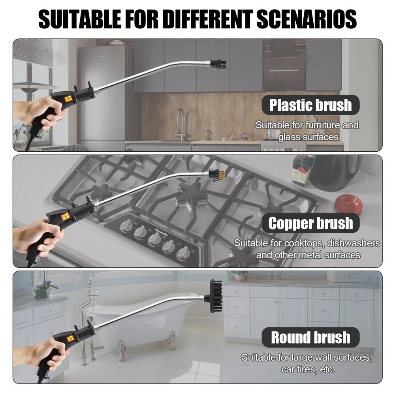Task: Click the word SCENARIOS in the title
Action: (307, 19)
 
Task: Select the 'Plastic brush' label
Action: (310, 105)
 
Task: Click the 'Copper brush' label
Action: (310, 223)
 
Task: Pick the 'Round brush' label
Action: (310, 338)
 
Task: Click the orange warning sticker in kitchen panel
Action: (68, 98)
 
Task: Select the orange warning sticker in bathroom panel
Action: (70, 338)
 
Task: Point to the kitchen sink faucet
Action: (181, 124)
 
